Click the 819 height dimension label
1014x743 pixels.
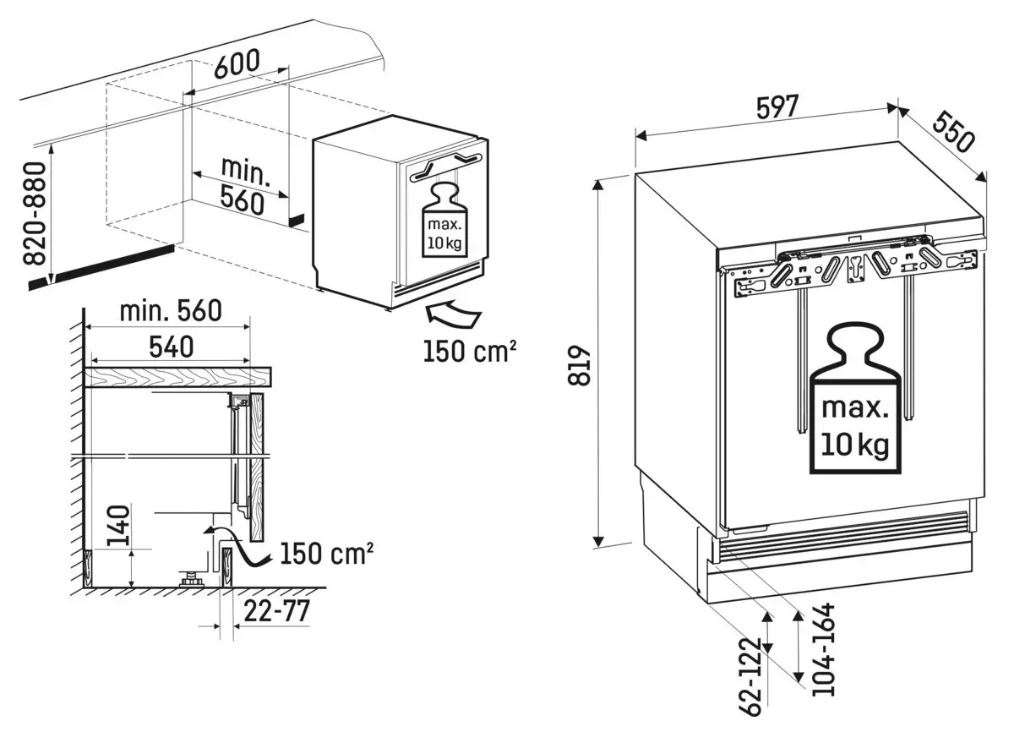click(578, 365)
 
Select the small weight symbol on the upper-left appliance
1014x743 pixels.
click(443, 220)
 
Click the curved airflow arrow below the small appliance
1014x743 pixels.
click(452, 315)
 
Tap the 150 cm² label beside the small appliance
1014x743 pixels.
click(469, 350)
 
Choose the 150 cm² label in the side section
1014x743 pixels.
click(326, 555)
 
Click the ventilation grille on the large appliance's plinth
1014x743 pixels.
click(840, 538)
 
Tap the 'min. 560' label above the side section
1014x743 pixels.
click(170, 310)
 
